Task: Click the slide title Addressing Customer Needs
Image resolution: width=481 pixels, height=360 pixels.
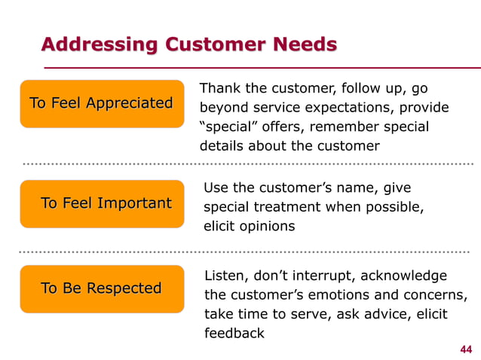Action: pyautogui.click(x=188, y=44)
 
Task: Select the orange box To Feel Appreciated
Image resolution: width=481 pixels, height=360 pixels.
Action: pyautogui.click(x=101, y=103)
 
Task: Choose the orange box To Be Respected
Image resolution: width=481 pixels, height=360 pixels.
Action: pyautogui.click(x=101, y=288)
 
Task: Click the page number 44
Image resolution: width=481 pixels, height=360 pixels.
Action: pyautogui.click(x=466, y=349)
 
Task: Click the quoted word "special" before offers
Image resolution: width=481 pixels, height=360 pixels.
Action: pyautogui.click(x=226, y=127)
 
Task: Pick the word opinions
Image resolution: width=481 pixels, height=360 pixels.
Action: pyautogui.click(x=268, y=225)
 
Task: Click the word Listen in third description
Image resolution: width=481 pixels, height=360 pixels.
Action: pyautogui.click(x=225, y=276)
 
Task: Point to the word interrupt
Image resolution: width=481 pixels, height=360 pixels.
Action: pyautogui.click(x=338, y=276)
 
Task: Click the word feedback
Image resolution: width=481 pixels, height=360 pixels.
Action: pyautogui.click(x=234, y=332)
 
